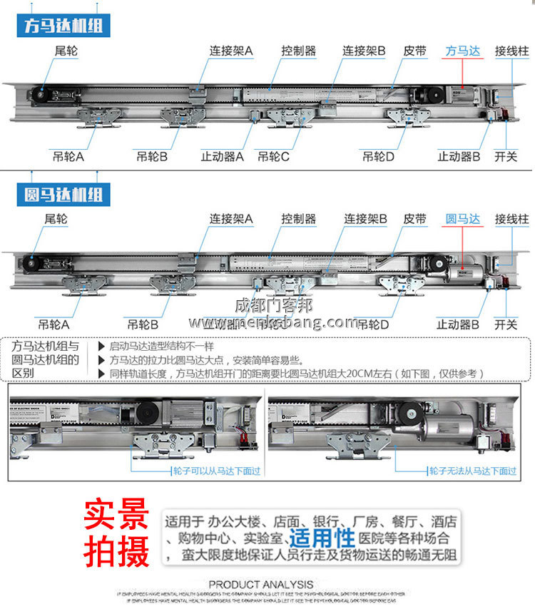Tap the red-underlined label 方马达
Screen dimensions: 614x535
pyautogui.click(x=463, y=51)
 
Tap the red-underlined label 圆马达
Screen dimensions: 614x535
pyautogui.click(x=463, y=219)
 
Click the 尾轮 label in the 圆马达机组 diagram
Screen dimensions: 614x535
pyautogui.click(x=56, y=219)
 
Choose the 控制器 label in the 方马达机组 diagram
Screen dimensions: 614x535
pyautogui.click(x=298, y=51)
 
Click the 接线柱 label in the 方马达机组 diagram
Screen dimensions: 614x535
pyautogui.click(x=511, y=51)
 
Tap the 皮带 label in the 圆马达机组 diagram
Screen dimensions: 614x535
pyautogui.click(x=414, y=219)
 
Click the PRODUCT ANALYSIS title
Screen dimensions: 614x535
pyautogui.click(x=261, y=584)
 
